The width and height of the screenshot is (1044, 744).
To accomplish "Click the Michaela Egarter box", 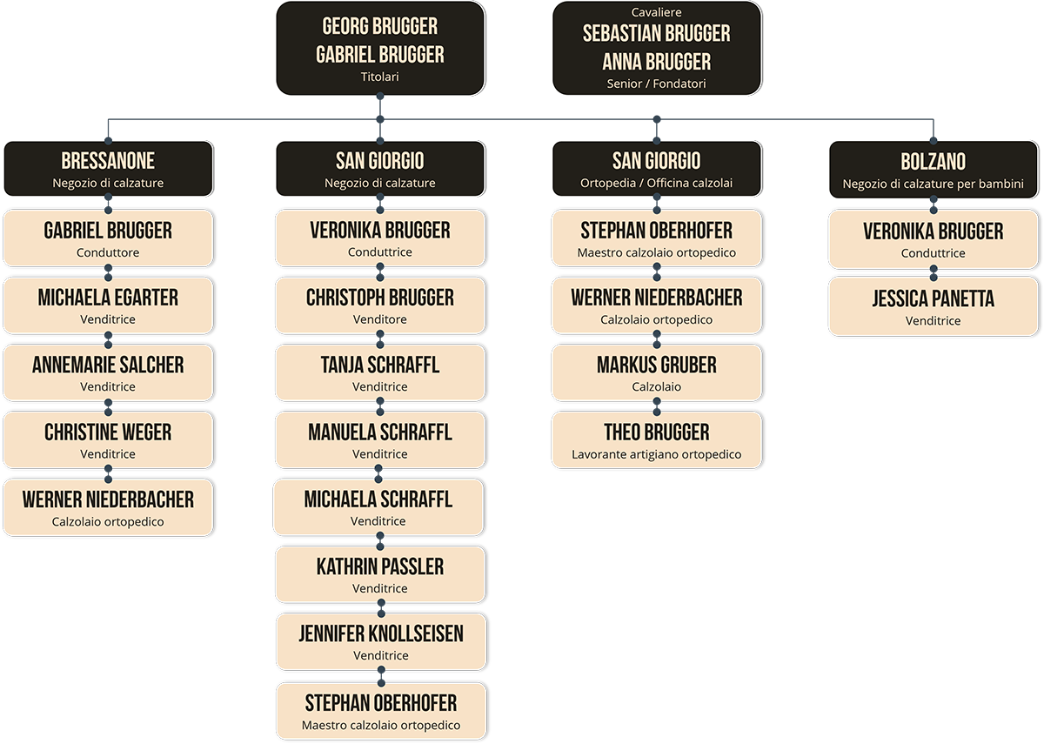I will click(x=108, y=305).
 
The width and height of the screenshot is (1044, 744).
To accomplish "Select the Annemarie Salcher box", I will click(x=108, y=372).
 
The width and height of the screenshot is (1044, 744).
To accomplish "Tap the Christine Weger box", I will click(x=108, y=440).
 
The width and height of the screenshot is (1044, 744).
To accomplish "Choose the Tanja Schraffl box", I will click(x=380, y=372).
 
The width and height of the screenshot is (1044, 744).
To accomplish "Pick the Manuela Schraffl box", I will click(x=380, y=440).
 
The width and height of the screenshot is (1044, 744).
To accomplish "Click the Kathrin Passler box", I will click(x=380, y=574).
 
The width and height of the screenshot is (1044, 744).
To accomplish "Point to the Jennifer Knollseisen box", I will click(x=380, y=641).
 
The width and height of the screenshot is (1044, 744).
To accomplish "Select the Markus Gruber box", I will click(x=657, y=372).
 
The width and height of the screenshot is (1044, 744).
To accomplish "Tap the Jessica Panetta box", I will click(x=933, y=306).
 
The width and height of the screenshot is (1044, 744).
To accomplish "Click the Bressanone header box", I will click(x=108, y=169).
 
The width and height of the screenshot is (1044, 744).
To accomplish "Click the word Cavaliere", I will click(x=657, y=12).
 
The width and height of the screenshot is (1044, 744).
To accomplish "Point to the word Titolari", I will click(x=380, y=77).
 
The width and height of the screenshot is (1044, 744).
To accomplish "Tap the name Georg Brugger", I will click(x=380, y=26).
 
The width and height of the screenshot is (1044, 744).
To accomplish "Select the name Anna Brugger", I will click(x=657, y=62).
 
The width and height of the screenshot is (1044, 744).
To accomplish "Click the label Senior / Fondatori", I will click(x=657, y=84).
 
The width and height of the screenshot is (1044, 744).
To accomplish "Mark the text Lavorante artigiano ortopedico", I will click(x=657, y=454).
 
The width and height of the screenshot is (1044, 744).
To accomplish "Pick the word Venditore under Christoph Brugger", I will click(x=380, y=319).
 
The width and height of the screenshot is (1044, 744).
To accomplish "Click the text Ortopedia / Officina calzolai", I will click(x=657, y=183).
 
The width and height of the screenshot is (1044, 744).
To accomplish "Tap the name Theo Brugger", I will click(x=657, y=432).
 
